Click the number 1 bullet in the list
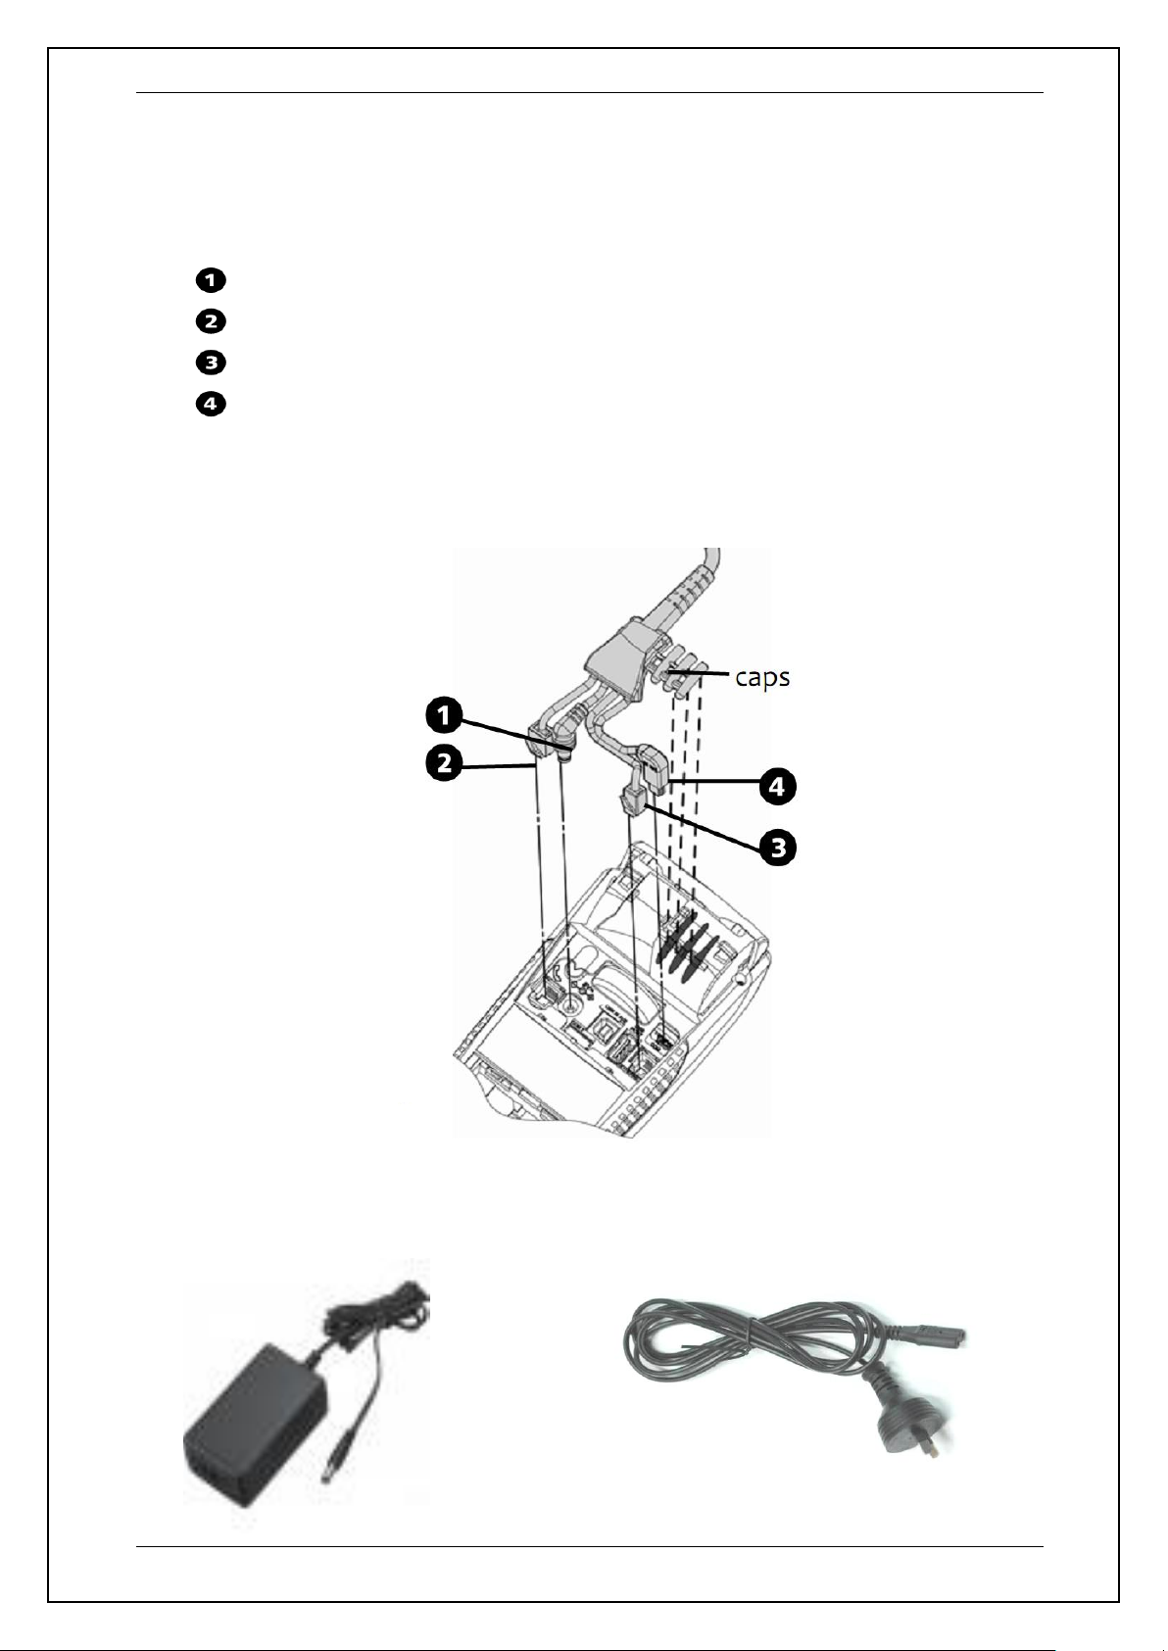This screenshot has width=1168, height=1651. point(211,280)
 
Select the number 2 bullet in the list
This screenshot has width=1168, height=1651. point(211,321)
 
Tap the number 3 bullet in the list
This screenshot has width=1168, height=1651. point(211,363)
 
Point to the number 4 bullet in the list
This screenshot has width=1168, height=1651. point(211,404)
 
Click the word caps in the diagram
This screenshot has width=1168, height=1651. point(762,677)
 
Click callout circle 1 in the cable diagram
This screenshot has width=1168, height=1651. point(444,715)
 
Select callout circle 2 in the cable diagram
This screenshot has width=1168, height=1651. point(444,763)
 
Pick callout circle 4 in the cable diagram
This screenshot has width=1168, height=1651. point(777,787)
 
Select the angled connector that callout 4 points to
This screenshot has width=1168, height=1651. point(656,769)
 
